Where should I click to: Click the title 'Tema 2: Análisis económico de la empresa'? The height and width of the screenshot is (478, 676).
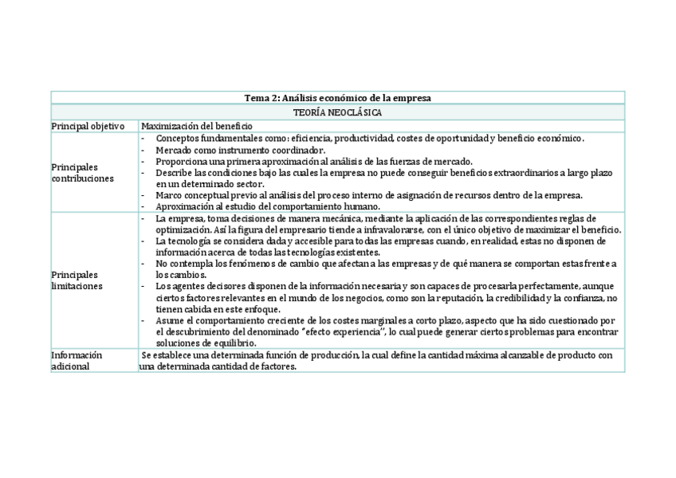[x=338, y=98]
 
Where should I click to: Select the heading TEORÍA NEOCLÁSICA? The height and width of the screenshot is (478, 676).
[x=338, y=112]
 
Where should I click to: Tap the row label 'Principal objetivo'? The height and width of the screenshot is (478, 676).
[x=88, y=126]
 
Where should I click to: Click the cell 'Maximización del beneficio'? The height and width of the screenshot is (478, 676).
[x=196, y=126]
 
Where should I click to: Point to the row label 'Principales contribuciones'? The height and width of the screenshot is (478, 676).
[x=83, y=173]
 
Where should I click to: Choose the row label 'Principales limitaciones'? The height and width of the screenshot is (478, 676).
[x=77, y=280]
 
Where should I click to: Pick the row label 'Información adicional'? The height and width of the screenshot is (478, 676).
[x=77, y=361]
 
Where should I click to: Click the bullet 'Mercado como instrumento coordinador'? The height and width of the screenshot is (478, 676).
[x=240, y=150]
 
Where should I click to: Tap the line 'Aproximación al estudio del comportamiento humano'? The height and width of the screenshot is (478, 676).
[x=267, y=206]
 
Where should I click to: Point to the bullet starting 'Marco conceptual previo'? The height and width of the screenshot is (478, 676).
[x=368, y=195]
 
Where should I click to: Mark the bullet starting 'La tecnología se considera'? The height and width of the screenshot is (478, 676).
[x=380, y=241]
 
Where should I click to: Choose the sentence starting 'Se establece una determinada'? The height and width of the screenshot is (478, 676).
[x=376, y=355]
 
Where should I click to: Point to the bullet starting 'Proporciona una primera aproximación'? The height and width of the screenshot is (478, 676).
[x=313, y=161]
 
